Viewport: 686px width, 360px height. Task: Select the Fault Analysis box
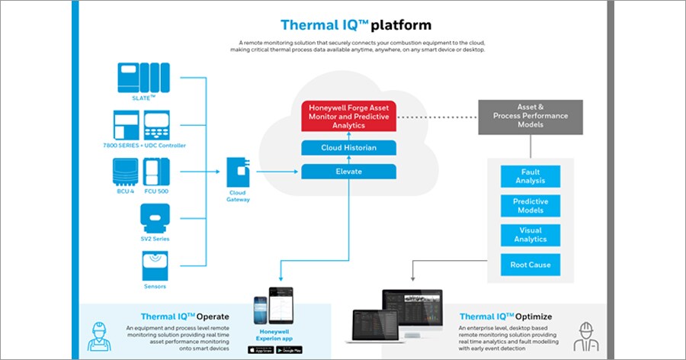point(530,177)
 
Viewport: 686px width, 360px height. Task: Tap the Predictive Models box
point(530,206)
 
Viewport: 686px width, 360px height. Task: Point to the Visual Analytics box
point(530,235)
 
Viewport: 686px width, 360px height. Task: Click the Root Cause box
point(530,265)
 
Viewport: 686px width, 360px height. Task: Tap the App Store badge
point(260,350)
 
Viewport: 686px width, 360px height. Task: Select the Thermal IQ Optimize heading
point(505,316)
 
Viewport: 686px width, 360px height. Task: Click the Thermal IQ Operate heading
point(184,316)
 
